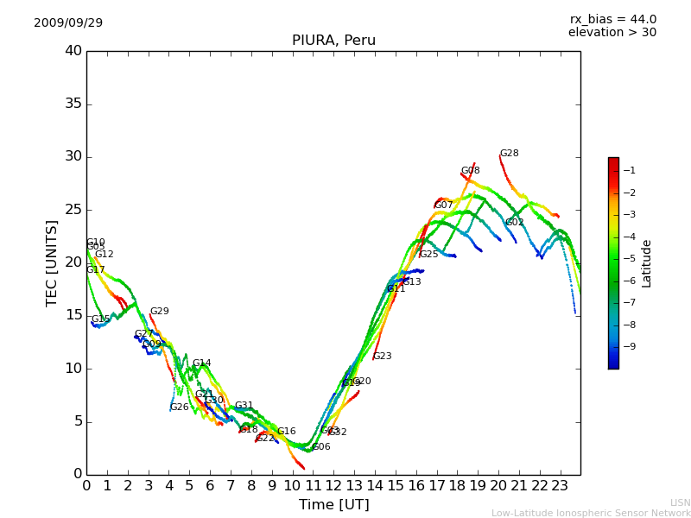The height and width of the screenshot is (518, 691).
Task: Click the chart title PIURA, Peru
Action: (333, 41)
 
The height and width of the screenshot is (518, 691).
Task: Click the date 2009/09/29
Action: (68, 23)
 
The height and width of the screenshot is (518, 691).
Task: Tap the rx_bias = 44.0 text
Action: (612, 20)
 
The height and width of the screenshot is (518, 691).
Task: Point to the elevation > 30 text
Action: (612, 33)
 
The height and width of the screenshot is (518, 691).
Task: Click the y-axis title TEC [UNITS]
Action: (52, 262)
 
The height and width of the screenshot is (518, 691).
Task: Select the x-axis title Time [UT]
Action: (333, 505)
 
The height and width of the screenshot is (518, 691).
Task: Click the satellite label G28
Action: (510, 154)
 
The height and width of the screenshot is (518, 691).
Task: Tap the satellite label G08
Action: (470, 171)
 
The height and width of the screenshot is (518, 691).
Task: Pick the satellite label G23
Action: (383, 357)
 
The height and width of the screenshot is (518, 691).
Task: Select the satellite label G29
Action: (159, 312)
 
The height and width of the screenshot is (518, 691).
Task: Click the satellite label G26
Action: (179, 407)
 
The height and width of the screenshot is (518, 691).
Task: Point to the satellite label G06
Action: (321, 447)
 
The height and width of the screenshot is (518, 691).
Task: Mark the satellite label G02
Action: (515, 223)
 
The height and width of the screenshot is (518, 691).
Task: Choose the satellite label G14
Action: (201, 363)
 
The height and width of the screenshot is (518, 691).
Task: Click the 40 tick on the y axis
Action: (73, 51)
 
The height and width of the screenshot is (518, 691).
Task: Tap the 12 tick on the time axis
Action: (333, 485)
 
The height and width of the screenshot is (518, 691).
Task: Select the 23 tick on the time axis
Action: (560, 485)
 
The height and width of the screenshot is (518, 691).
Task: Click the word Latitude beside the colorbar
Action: (647, 263)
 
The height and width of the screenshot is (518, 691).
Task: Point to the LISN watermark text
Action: (681, 502)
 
